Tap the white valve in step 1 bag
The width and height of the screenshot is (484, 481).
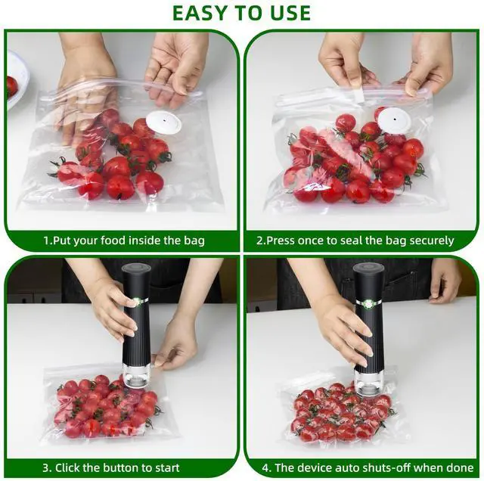point(163,123)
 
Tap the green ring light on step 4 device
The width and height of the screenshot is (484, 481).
point(368,303)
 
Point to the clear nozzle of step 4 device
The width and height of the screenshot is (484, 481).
point(366,383)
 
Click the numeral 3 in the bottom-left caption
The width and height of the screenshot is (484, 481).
point(46,467)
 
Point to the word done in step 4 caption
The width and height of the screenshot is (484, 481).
point(460,467)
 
